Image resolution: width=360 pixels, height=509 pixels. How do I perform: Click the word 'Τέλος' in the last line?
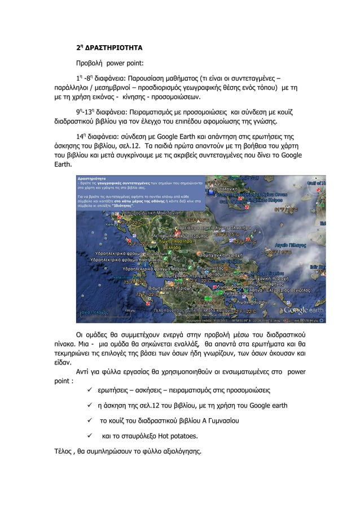(60, 451)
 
